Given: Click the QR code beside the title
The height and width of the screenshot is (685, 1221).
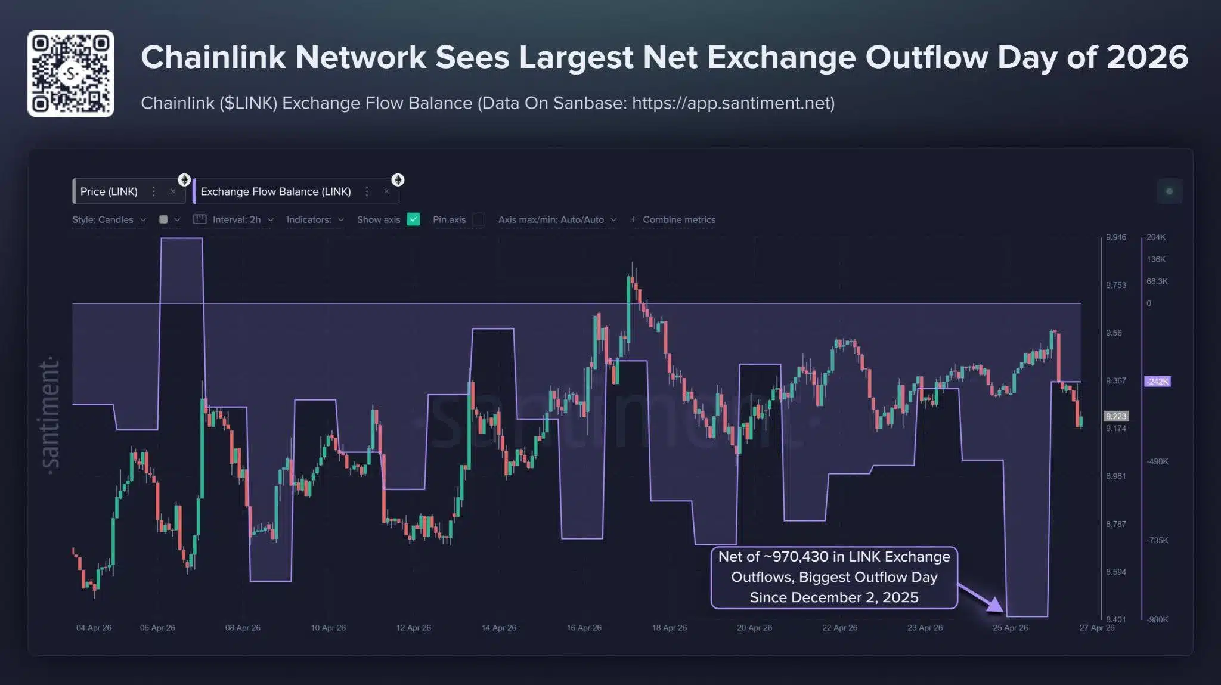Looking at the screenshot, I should pyautogui.click(x=70, y=73).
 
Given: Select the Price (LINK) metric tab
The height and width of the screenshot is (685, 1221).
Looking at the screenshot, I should pyautogui.click(x=109, y=191).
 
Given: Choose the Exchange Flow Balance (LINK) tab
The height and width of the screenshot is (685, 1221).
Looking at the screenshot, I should pyautogui.click(x=275, y=191).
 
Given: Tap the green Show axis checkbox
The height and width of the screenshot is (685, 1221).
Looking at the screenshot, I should pyautogui.click(x=413, y=219).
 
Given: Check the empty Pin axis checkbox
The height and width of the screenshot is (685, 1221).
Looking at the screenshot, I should pyautogui.click(x=478, y=219).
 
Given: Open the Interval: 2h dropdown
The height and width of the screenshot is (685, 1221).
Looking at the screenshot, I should pyautogui.click(x=237, y=219).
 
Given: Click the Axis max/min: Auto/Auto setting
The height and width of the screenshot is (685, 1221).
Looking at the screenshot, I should pyautogui.click(x=551, y=219).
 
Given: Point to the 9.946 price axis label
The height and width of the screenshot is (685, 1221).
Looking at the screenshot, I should pyautogui.click(x=1116, y=237).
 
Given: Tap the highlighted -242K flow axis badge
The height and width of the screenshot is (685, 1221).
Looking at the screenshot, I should pyautogui.click(x=1157, y=382).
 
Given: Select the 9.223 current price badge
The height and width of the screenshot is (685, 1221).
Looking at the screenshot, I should pyautogui.click(x=1116, y=416).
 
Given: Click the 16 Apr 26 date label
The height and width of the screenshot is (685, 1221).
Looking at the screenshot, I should pyautogui.click(x=584, y=628).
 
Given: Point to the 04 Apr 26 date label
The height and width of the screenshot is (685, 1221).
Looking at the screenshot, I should pyautogui.click(x=94, y=628).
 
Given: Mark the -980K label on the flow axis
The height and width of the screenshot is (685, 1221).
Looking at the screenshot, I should pyautogui.click(x=1157, y=619).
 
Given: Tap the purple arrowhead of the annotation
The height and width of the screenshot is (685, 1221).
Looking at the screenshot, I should pyautogui.click(x=994, y=605).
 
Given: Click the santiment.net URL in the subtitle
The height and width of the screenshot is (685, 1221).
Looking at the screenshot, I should pyautogui.click(x=733, y=103).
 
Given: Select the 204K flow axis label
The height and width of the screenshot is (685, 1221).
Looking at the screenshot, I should pyautogui.click(x=1155, y=237).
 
